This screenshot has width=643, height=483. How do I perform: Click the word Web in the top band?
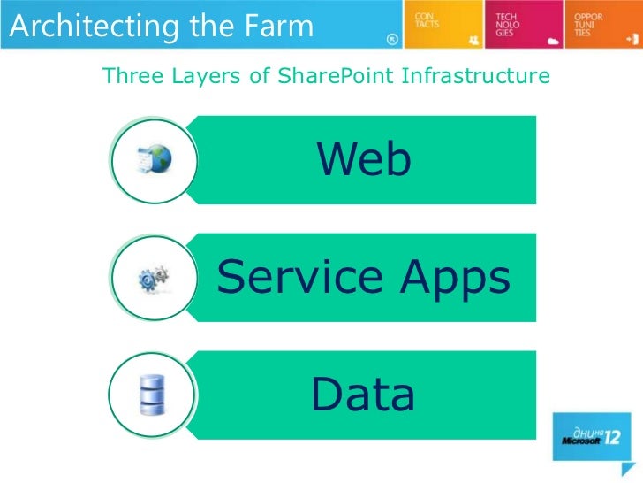(x=364, y=160)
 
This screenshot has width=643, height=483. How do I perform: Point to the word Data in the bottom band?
(x=362, y=395)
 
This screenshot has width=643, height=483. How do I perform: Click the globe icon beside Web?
(x=154, y=160)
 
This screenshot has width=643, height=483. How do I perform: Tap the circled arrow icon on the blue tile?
(x=393, y=39)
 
